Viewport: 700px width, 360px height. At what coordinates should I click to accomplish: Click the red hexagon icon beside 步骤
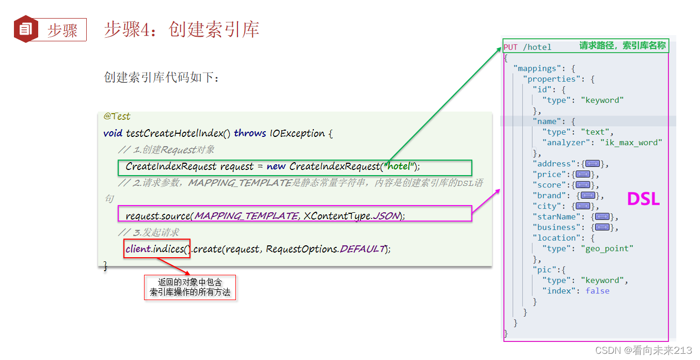tap(25, 29)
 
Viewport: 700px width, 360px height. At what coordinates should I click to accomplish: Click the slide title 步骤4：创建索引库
tap(181, 29)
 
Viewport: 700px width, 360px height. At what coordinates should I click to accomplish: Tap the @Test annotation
tap(117, 116)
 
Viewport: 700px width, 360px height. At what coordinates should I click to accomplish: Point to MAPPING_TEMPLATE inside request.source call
tap(245, 216)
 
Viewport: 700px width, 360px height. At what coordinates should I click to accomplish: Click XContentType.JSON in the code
tap(352, 216)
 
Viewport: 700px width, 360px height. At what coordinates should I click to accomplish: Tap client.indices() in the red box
tap(157, 249)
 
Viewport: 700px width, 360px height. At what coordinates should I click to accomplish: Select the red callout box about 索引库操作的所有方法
tap(190, 288)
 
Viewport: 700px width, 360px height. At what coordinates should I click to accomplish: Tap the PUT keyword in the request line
tap(511, 47)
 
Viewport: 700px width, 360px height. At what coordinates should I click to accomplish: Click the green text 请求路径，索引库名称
tap(622, 46)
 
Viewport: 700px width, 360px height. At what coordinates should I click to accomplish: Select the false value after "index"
tap(597, 291)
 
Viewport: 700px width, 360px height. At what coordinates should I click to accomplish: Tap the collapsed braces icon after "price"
tap(583, 175)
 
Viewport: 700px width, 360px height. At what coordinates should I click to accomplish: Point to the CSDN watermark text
tap(643, 351)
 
